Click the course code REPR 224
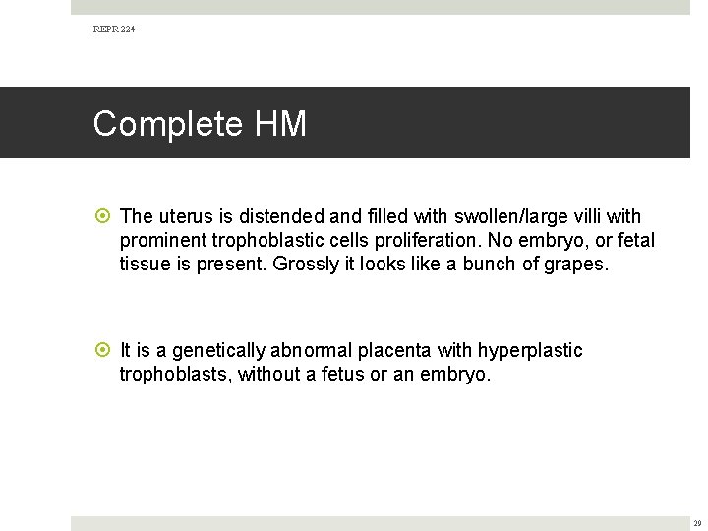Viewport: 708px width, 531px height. [114, 29]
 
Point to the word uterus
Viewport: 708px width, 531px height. [181, 216]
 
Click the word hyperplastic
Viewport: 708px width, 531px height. [532, 351]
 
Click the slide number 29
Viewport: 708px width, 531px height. [696, 523]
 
